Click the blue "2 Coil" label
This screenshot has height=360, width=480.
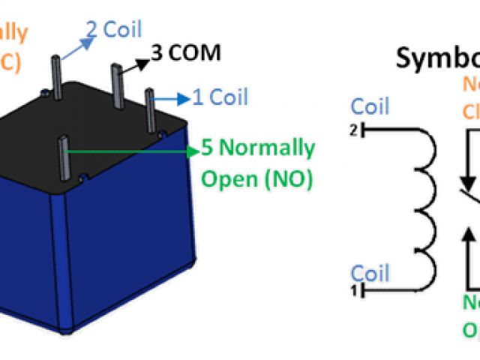pos(113,31)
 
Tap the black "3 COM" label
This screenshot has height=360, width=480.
pos(186,53)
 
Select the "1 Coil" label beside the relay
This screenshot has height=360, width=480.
pos(220,97)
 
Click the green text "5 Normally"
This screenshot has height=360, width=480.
pos(258,148)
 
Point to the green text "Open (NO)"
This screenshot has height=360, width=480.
pos(257,179)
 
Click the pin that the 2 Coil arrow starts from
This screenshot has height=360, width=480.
pos(58,76)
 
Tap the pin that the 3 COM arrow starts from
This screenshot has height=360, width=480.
pos(117,82)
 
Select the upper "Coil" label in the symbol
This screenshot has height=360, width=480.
pos(370,106)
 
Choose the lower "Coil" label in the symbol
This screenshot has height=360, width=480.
pos(370,271)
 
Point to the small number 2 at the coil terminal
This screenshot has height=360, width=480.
pos(355,130)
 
